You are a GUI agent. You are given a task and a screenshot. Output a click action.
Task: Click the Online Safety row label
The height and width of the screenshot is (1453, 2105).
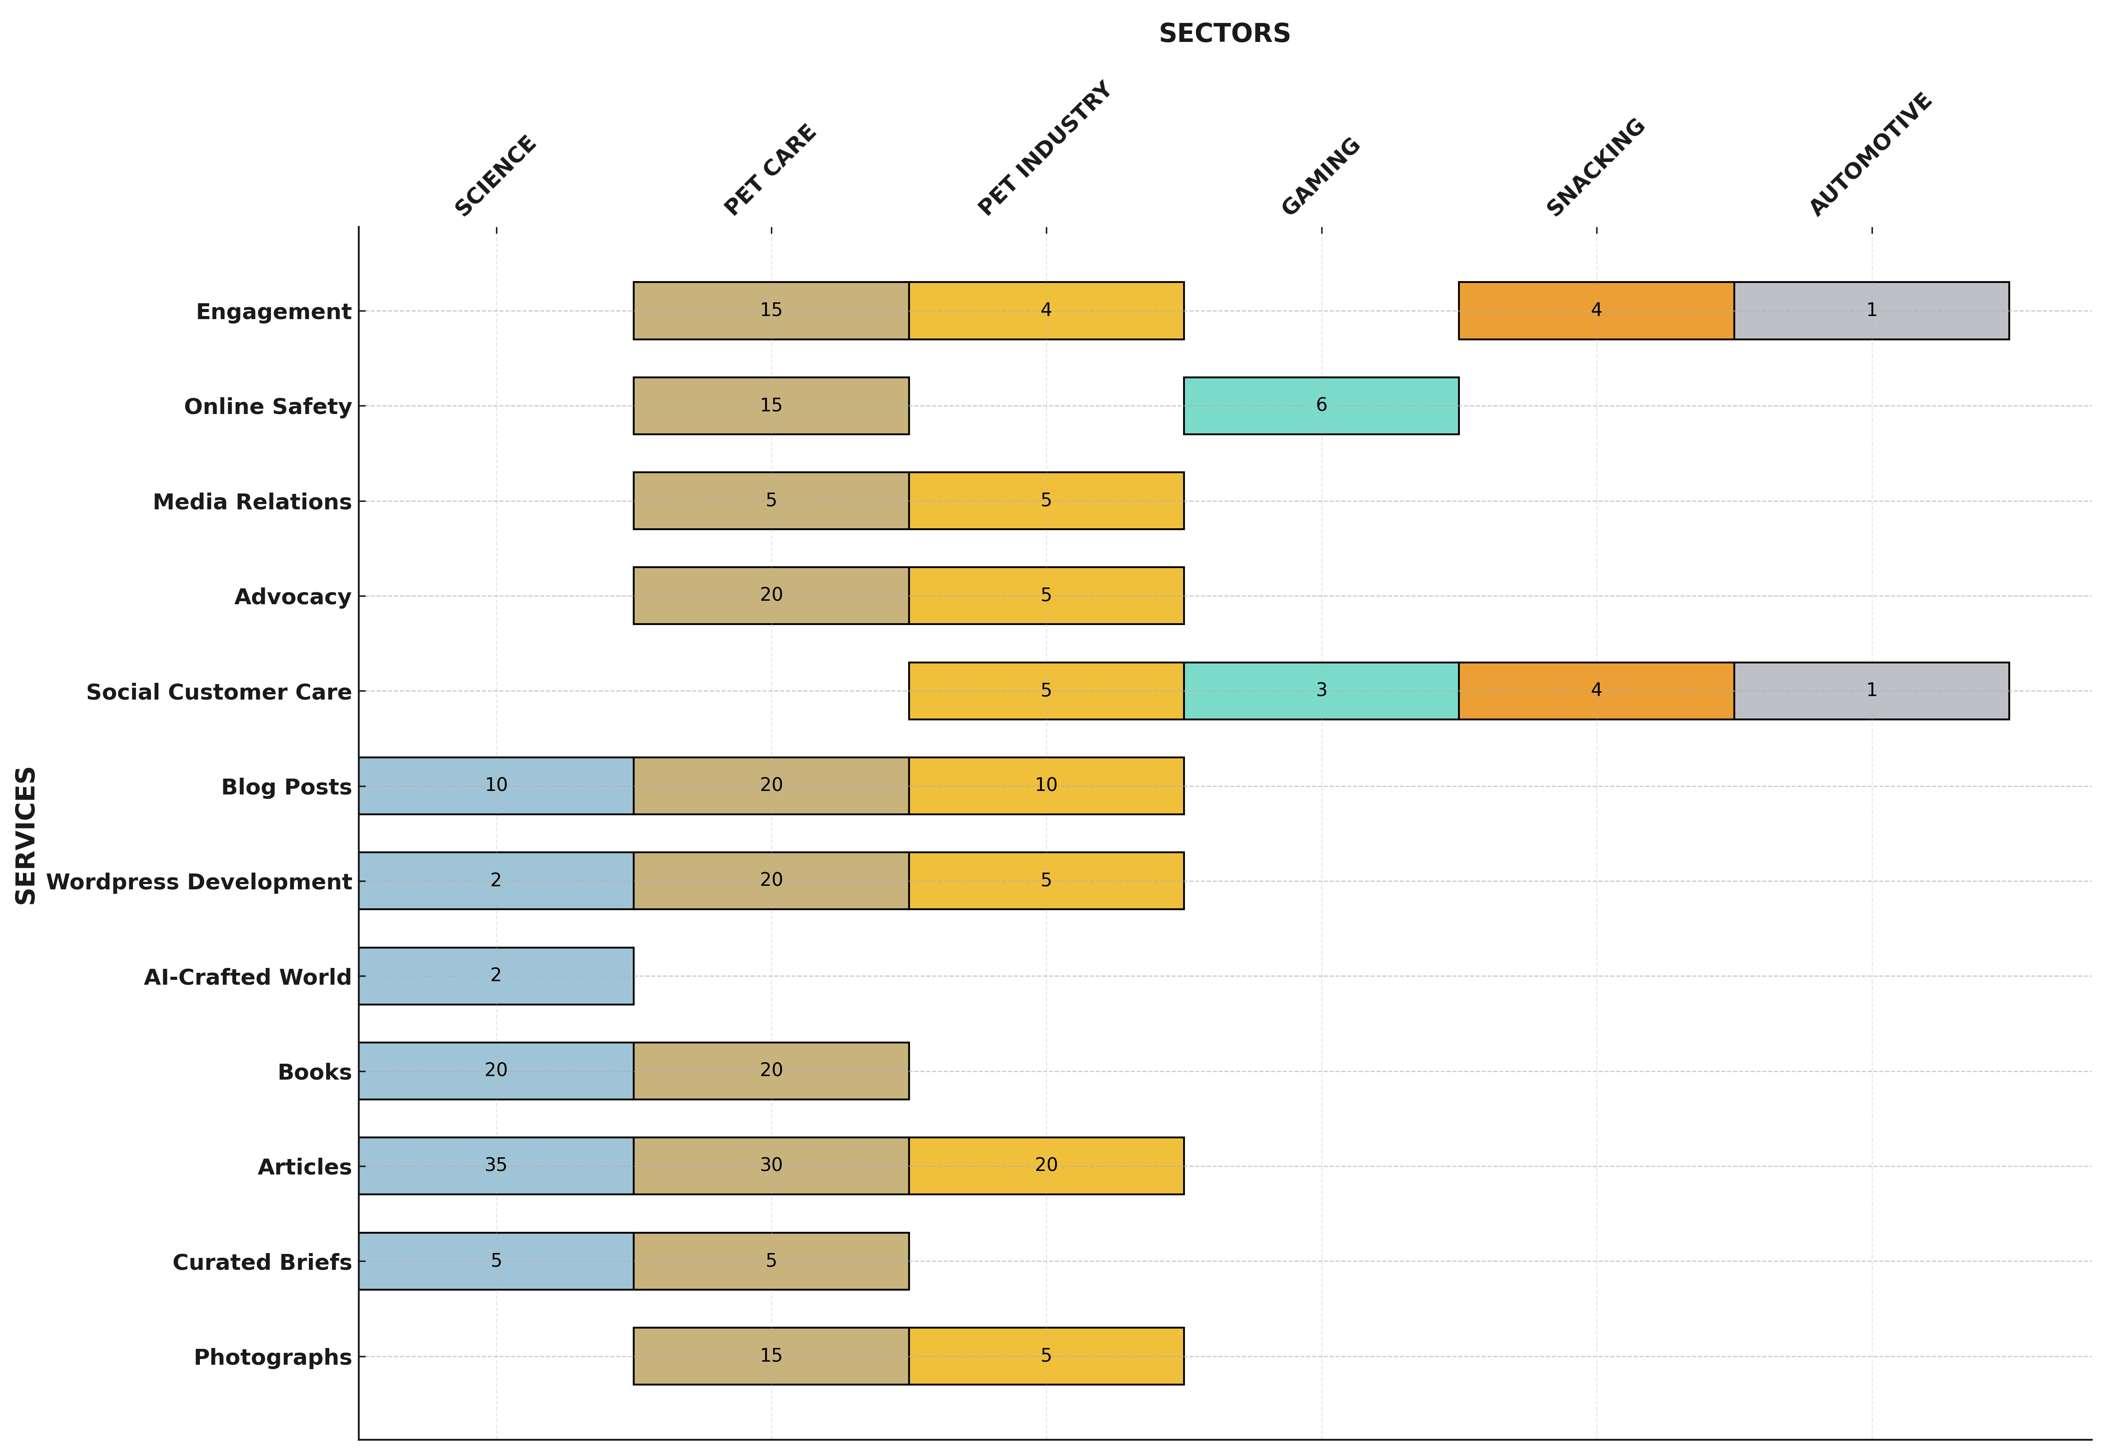coord(267,406)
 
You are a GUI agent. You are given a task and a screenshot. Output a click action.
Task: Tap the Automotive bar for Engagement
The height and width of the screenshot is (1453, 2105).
coord(1871,310)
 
